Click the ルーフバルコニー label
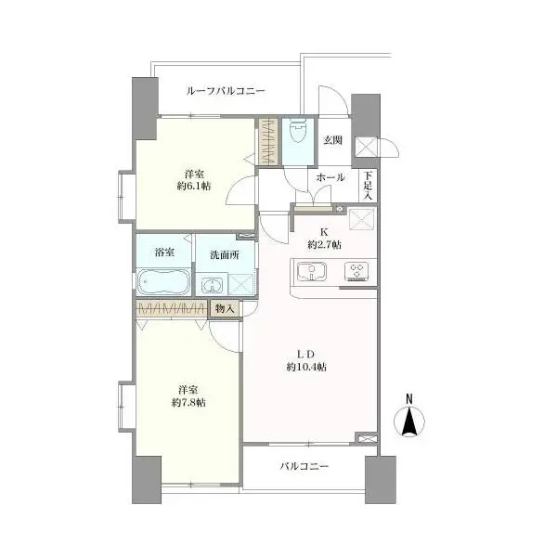[226, 91]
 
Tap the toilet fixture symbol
[298, 131]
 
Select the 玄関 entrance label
[332, 140]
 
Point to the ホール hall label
[330, 177]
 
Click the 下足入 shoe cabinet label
[368, 185]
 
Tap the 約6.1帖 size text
[194, 186]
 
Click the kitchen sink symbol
[312, 272]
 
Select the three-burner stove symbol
[356, 272]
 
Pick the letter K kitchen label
[324, 232]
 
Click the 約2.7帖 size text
[325, 245]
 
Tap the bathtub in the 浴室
[163, 281]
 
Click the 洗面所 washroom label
[225, 255]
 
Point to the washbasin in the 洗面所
[212, 285]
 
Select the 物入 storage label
[225, 309]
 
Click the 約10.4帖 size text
[306, 367]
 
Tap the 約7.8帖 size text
[188, 403]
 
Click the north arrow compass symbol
[409, 421]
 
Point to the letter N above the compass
[409, 399]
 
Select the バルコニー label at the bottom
[304, 466]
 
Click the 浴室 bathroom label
[164, 253]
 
